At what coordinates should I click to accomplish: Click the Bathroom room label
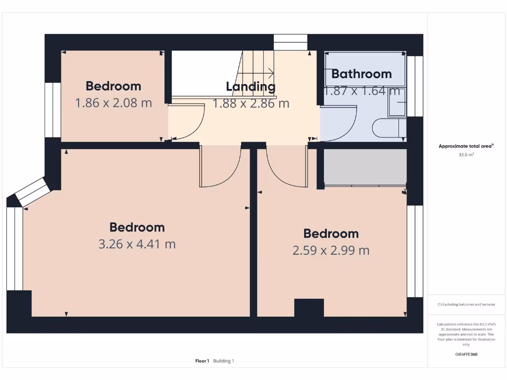[361, 74]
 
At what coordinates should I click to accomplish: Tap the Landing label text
[251, 87]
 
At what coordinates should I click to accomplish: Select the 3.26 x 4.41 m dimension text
[137, 244]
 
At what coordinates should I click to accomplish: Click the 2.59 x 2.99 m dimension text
[331, 250]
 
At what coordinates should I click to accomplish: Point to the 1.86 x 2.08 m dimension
[113, 103]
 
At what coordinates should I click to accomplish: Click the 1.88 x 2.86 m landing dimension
[251, 103]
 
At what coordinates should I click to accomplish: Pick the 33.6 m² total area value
[466, 155]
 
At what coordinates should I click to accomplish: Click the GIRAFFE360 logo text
[466, 354]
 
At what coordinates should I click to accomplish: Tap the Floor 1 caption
[202, 361]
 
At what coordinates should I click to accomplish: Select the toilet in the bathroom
[388, 128]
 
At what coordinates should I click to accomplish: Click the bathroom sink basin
[397, 102]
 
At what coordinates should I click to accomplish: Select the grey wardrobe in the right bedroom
[365, 167]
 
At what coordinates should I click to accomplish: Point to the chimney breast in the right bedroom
[309, 308]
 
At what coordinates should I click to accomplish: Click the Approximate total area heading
[466, 146]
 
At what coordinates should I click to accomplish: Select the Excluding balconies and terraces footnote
[466, 304]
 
